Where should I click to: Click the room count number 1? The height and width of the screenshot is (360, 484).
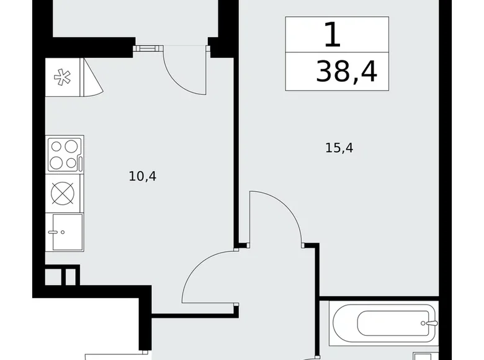click(333, 35)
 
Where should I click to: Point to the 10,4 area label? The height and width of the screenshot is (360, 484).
click(143, 176)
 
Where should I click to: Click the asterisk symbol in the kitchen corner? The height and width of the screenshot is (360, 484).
click(62, 78)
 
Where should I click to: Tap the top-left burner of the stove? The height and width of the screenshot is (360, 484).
click(56, 147)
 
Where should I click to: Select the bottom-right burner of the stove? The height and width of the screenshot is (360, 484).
click(71, 163)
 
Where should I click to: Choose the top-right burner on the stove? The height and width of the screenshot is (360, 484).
click(71, 148)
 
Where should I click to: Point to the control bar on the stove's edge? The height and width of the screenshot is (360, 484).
click(81, 155)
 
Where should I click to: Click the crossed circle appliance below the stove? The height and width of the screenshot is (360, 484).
click(63, 193)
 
